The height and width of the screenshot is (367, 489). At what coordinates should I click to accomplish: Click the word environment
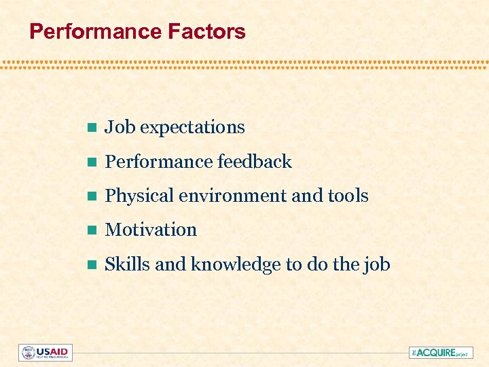229,196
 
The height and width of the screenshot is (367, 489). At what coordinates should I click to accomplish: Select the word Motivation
151,230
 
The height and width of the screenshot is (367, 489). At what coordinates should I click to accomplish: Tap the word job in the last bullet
378,264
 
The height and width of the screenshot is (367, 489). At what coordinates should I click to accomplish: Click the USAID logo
45,353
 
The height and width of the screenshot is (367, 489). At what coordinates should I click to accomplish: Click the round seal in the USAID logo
28,353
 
